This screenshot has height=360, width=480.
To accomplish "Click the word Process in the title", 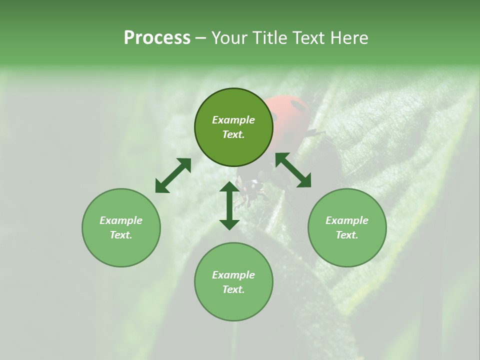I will click(157, 38).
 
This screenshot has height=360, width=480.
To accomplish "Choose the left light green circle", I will click(121, 227).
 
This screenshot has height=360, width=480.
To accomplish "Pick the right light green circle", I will click(347, 227).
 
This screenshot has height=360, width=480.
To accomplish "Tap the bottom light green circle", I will click(233, 281).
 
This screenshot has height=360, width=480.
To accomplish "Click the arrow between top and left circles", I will click(173, 175).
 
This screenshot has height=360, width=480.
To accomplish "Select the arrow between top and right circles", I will click(293, 170).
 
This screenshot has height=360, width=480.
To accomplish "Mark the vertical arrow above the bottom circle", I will click(229, 205).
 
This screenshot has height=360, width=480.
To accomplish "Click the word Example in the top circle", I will click(233, 120).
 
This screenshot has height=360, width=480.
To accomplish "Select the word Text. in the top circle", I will click(233, 134).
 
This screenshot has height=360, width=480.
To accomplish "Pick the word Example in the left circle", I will click(121, 220).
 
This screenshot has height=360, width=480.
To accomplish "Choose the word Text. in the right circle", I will click(347, 235).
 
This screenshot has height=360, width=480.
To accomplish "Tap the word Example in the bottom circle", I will click(233, 275).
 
